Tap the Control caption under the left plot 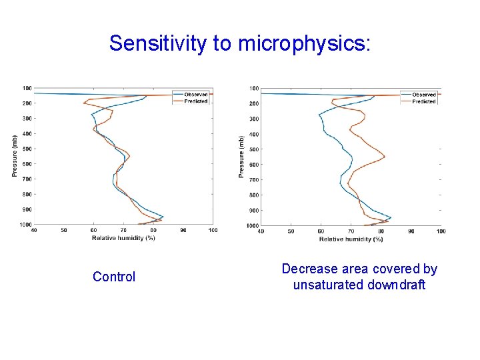tap(114, 277)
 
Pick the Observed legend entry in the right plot tap(424, 95)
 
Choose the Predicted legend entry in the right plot tap(424, 101)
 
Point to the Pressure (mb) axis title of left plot tap(15, 156)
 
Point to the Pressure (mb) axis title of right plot tap(241, 157)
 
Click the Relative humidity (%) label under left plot tap(123, 238)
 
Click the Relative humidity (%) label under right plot tap(351, 239)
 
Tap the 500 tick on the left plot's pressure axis tap(27, 149)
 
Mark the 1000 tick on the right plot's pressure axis tap(253, 226)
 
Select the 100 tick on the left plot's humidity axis tap(213, 231)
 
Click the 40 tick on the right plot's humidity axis tap(261, 231)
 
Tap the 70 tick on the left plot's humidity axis tap(123, 231)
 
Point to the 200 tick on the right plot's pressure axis tap(254, 104)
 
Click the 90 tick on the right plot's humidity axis tap(411, 231)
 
